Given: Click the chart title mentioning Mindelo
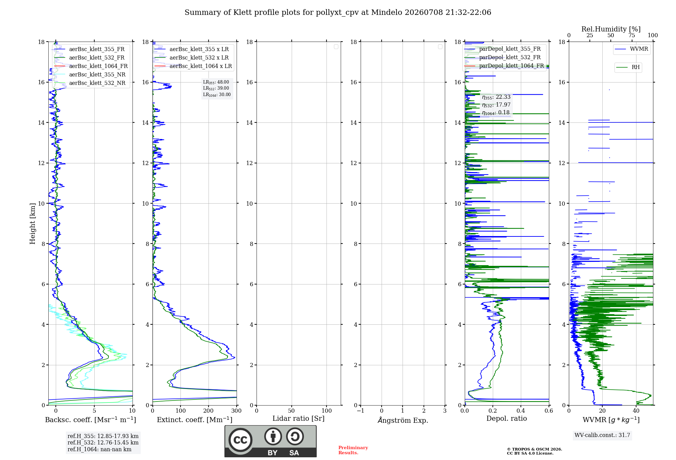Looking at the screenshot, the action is tap(338, 13).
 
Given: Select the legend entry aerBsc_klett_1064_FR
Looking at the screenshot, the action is tap(98, 66).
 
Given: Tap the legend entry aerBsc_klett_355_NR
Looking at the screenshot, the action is tap(97, 74).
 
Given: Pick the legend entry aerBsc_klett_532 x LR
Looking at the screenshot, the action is tap(199, 57).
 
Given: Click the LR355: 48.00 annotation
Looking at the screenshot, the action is tap(216, 82).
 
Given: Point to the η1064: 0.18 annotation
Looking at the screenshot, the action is tap(496, 113).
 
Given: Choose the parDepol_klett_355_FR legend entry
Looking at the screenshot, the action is tap(510, 49).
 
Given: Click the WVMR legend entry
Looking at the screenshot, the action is tap(639, 49).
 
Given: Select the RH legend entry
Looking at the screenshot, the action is tap(635, 67).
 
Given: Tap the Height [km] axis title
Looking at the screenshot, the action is tap(32, 224).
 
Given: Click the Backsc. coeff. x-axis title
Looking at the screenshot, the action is tap(91, 420).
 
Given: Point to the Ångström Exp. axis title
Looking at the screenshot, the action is tap(403, 420).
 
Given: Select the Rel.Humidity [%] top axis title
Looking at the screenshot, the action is tap(611, 29).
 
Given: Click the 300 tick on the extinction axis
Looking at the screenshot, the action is tap(236, 411).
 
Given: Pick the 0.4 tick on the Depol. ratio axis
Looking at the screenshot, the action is tap(521, 411).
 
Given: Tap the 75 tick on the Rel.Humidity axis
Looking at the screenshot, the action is tap(631, 36).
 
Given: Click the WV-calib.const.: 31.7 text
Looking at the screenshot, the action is tap(602, 435).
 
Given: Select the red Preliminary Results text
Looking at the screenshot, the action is tap(353, 450).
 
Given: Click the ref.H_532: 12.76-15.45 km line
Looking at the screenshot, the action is tap(103, 442).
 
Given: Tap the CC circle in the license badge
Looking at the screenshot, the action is tap(240, 440).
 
